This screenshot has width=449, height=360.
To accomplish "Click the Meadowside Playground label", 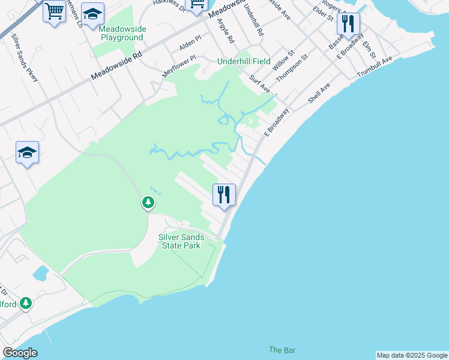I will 121,33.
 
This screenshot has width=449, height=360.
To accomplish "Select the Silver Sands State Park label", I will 181,241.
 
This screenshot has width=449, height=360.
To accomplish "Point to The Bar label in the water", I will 282,350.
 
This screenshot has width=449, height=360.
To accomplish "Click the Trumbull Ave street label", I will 374,66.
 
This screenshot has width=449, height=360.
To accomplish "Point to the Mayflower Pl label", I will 179,66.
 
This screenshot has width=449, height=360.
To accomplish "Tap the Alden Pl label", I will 190,46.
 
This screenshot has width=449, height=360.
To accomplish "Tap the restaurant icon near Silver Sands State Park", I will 224,195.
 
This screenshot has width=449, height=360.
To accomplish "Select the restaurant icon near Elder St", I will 348,25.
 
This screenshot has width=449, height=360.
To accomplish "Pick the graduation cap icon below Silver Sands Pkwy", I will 28,153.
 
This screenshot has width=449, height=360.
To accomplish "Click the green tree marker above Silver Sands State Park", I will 148,203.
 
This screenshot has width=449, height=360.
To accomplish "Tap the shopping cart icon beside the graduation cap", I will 55,11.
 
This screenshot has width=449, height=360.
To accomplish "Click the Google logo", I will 20,353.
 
